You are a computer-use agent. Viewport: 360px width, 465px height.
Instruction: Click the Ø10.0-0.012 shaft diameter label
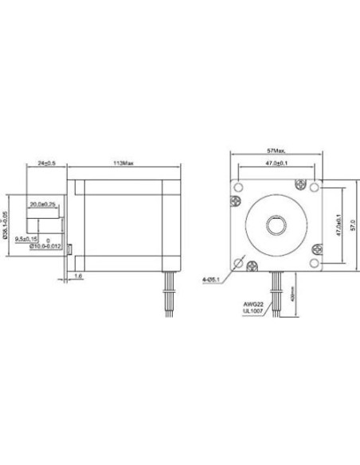44,246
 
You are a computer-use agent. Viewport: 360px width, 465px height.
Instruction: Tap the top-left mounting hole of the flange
237,186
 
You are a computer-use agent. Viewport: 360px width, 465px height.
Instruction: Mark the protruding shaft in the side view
48,224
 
